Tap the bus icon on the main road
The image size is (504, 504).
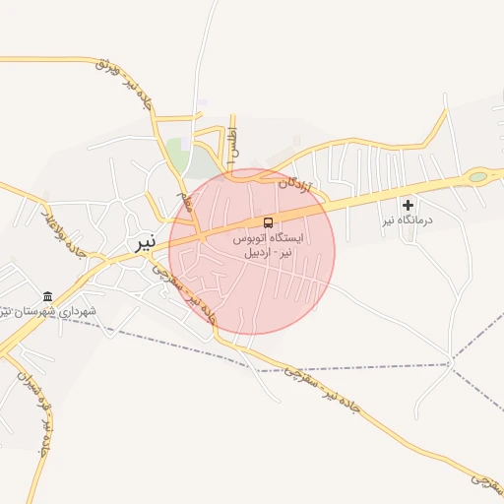pyautogui.click(x=269, y=221)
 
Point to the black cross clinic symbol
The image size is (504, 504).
pyautogui.click(x=409, y=205)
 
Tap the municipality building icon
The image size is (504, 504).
pyautogui.click(x=47, y=296)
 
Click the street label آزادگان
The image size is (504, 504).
pyautogui.click(x=294, y=183)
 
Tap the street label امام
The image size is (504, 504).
pyautogui.click(x=184, y=204)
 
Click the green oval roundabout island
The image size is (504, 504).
pyautogui.click(x=477, y=177)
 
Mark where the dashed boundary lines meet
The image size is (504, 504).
pyautogui.click(x=450, y=364)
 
